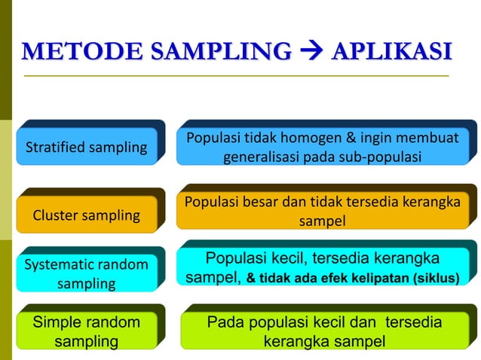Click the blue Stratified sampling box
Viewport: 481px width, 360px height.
coord(86,147)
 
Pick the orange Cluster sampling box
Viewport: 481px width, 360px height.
coord(86,215)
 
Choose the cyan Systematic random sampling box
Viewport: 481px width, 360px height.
coord(86,273)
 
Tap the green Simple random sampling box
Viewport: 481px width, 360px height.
coord(86,332)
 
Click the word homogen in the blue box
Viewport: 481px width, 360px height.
coord(296,139)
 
